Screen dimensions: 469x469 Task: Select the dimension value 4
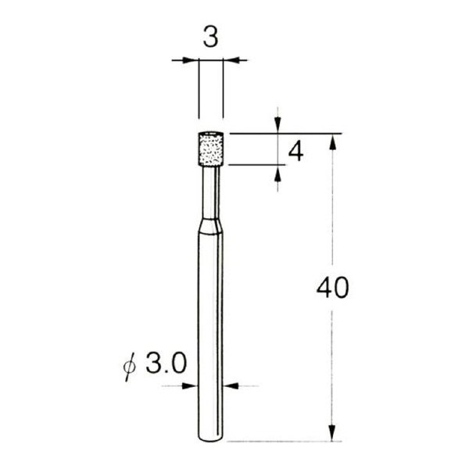(x=295, y=151)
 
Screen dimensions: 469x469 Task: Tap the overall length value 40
(x=332, y=288)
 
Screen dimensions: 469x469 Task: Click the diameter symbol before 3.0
(x=131, y=366)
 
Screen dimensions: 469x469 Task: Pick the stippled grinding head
(x=210, y=149)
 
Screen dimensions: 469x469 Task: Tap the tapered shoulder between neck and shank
(x=210, y=226)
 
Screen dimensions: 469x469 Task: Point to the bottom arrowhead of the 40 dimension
(x=332, y=434)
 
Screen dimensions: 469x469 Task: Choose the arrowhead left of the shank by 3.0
(x=192, y=385)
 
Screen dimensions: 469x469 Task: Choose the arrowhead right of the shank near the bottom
(x=230, y=385)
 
